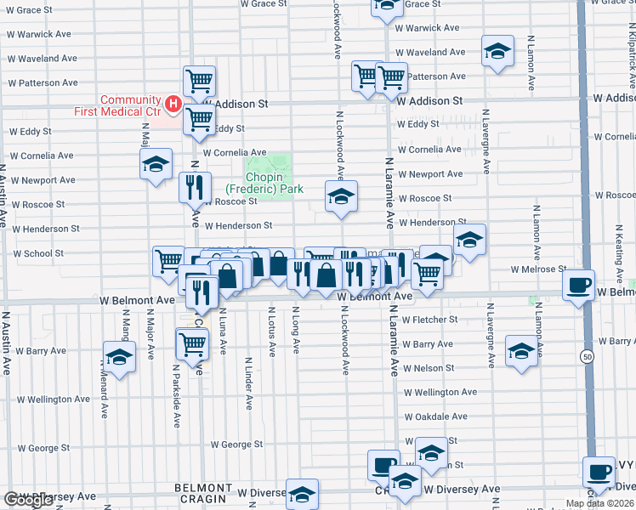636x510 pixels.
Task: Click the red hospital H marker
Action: [x=173, y=105]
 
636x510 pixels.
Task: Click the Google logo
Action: [x=29, y=500]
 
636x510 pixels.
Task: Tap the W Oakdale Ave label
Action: [x=435, y=416]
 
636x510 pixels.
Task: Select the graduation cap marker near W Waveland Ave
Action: [x=497, y=51]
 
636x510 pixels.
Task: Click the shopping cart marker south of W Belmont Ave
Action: [x=193, y=344]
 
